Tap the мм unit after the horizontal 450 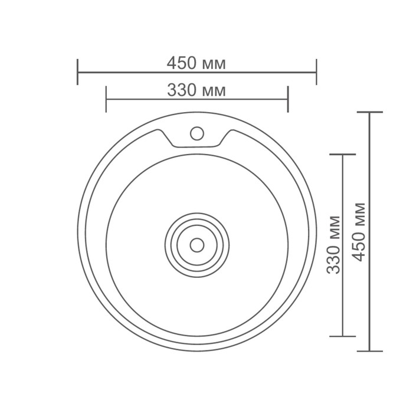(x=212, y=63)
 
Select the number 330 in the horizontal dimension (x=182, y=90)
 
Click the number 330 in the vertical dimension (x=333, y=261)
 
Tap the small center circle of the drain (x=197, y=243)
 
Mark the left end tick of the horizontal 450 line (x=77, y=71)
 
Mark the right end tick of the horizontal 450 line (x=316, y=71)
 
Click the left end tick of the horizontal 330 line (x=106, y=99)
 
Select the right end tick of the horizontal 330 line (x=287, y=99)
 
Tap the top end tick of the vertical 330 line (x=343, y=155)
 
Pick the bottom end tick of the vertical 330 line (x=343, y=336)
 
